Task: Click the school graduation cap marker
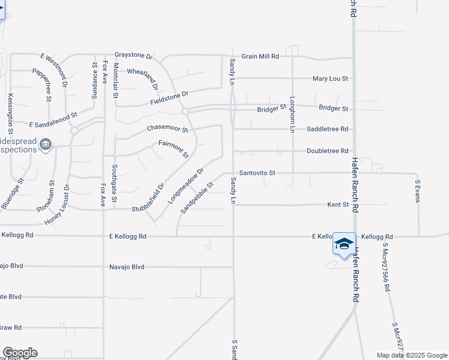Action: (344, 244)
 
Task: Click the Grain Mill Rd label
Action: (261, 56)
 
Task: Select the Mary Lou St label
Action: (331, 79)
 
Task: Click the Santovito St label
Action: (257, 173)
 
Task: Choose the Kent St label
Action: (338, 205)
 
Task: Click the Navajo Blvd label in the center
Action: (127, 267)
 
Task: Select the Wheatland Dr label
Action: (142, 76)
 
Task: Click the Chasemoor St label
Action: (167, 129)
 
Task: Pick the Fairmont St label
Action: (173, 148)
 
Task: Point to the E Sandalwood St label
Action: (54, 119)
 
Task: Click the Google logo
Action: (19, 352)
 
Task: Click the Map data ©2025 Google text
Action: (411, 355)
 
